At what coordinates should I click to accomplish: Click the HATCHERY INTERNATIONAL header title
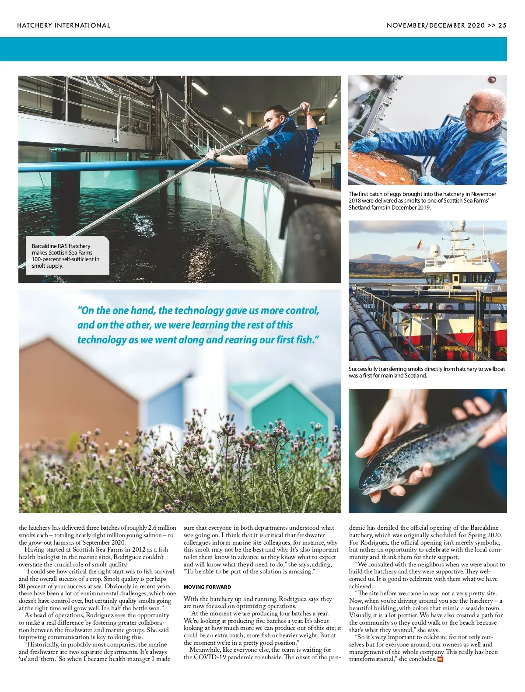63,25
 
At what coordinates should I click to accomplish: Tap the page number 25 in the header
502,25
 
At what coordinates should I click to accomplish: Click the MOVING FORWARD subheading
207,587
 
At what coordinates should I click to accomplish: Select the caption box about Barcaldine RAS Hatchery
67,255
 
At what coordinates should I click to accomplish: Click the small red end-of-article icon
440,660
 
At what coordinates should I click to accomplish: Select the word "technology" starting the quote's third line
101,340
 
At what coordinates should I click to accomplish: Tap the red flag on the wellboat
420,243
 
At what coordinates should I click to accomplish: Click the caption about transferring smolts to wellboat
427,372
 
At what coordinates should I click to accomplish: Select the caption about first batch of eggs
422,201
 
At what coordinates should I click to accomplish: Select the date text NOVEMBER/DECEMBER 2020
435,25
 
